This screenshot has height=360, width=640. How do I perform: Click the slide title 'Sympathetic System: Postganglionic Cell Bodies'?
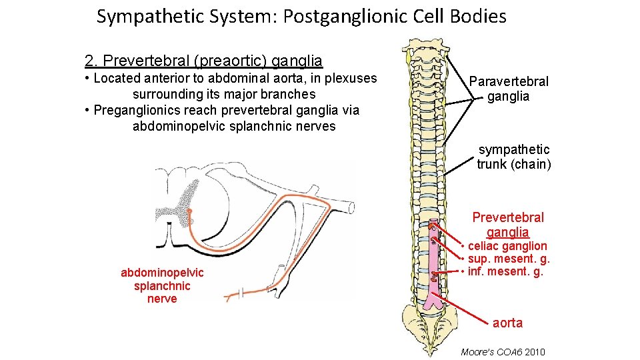(301, 17)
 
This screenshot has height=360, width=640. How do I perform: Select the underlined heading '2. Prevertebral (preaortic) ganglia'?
(203, 61)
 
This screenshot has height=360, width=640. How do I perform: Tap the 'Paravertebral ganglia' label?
(508, 89)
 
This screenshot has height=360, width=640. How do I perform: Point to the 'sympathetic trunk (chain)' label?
(513, 157)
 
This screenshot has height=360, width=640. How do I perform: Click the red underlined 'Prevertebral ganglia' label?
(507, 225)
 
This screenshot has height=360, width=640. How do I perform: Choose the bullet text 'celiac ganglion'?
(507, 246)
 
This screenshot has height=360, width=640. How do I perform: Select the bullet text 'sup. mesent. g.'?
(509, 259)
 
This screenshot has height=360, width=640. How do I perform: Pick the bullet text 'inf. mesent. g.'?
(505, 271)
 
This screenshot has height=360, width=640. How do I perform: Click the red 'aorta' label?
(507, 323)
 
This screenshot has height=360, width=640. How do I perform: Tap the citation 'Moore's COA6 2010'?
(502, 351)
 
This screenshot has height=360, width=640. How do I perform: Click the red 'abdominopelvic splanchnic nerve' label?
(162, 285)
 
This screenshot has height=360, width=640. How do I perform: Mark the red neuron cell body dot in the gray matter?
(189, 211)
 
